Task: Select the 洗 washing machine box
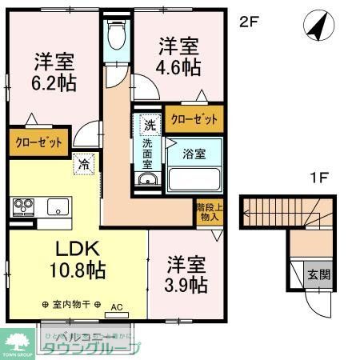click(150, 124)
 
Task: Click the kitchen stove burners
click(22, 207)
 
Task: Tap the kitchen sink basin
click(57, 206)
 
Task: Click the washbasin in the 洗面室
click(147, 179)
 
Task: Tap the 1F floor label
click(318, 178)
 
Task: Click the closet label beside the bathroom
click(194, 119)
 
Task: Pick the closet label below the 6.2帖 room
click(37, 143)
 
